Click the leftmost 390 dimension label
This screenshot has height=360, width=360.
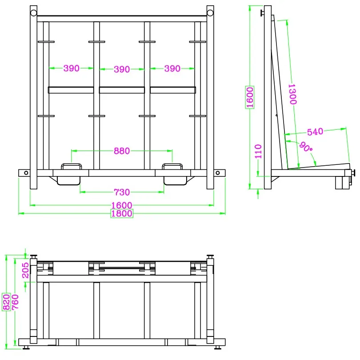[x=71, y=68]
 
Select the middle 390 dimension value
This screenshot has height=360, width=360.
[x=122, y=69]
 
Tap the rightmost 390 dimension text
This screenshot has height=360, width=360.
[x=172, y=68]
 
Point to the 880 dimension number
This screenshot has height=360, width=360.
[x=122, y=151]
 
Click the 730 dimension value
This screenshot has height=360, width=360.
[x=122, y=192]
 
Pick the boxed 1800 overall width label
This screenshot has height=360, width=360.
[x=122, y=213]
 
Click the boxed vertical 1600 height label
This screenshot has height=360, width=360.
[x=250, y=97]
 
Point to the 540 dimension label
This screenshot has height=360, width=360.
[x=315, y=132]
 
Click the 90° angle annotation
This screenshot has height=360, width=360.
[x=305, y=148]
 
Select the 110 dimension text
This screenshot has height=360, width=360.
[x=259, y=152]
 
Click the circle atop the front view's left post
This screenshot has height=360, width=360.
[x=34, y=13]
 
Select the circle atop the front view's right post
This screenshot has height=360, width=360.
[x=210, y=13]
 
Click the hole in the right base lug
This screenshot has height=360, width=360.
[x=218, y=173]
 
